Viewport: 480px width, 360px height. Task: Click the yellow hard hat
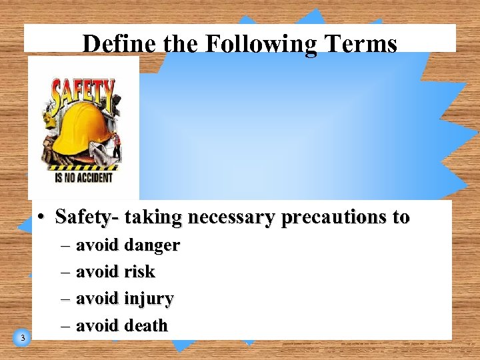(x=81, y=127)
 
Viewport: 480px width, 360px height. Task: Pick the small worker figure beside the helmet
(x=116, y=145)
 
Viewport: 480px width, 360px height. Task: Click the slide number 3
(x=23, y=338)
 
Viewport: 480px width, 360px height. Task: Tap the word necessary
(x=231, y=217)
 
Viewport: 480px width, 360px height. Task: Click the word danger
(x=152, y=246)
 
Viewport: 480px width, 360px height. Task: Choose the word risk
(x=139, y=272)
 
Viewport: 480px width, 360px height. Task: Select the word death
(x=146, y=326)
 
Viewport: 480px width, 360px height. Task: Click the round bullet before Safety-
(x=41, y=217)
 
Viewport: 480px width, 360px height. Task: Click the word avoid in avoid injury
(x=97, y=299)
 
